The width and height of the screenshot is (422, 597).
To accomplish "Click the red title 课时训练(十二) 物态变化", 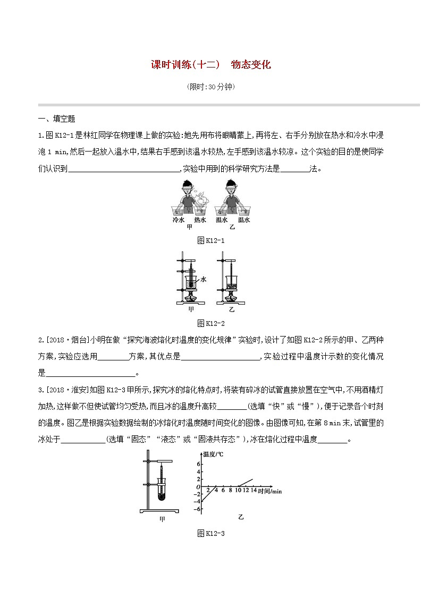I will point(211,65).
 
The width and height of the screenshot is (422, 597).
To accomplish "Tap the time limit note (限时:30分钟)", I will point(211,87).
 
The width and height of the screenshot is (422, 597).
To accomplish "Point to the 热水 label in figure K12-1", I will point(200,220).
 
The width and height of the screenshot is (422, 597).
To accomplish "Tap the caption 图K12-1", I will point(211,241).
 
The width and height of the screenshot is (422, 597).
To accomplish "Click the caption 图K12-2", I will point(211,323).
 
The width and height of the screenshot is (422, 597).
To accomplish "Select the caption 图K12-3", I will point(211,533).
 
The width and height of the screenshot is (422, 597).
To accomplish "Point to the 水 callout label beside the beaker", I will point(203,279).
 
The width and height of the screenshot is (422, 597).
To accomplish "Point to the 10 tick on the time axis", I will point(239,491).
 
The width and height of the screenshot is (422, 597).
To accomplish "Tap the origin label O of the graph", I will point(198,487).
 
